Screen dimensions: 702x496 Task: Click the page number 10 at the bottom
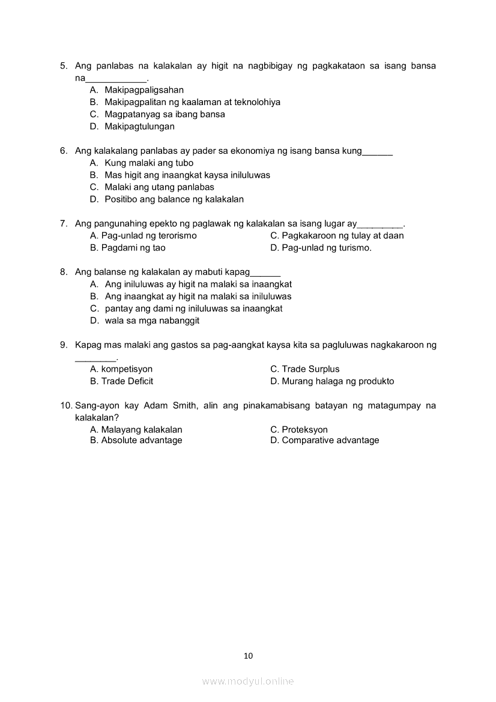click(248, 656)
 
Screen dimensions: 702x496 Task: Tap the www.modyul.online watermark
click(248, 681)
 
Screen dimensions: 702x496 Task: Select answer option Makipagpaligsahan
click(144, 90)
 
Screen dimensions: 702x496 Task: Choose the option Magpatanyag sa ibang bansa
click(165, 114)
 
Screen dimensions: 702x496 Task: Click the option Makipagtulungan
click(139, 127)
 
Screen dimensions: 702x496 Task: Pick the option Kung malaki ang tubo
click(149, 163)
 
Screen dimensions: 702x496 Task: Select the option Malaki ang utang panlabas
click(159, 187)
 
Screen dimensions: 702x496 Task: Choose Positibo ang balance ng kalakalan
click(174, 199)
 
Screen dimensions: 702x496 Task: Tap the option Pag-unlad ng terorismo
click(148, 235)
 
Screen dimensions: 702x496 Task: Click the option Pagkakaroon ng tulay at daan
click(342, 235)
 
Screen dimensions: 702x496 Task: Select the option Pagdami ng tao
click(133, 247)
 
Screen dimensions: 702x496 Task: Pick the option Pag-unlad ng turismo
click(326, 247)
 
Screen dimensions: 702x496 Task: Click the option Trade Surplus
click(310, 369)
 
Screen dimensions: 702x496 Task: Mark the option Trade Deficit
click(127, 381)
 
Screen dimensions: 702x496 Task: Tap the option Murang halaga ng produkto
click(337, 381)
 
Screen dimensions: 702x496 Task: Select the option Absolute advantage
click(141, 440)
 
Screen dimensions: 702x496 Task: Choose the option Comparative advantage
click(330, 440)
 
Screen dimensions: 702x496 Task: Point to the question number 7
click(63, 223)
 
